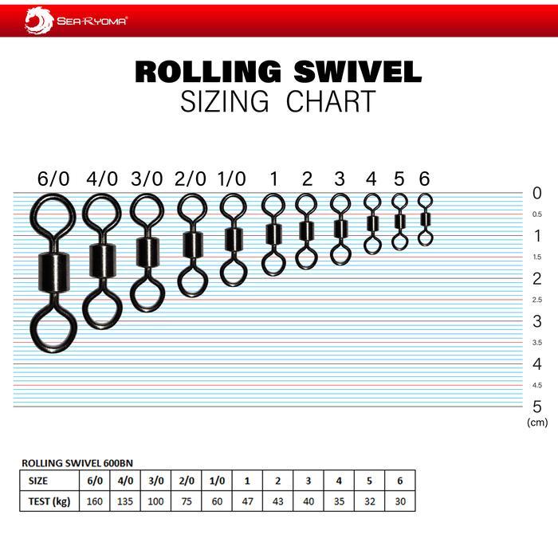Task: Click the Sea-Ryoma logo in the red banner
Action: (76, 20)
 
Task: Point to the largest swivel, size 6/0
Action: (53, 270)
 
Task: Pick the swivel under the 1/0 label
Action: (233, 238)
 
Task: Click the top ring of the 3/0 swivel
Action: (146, 212)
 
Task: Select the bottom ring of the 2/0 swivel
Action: (192, 281)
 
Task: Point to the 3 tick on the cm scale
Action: (536, 321)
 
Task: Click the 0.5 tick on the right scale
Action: (536, 214)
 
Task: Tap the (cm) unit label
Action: (537, 422)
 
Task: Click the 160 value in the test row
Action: (94, 501)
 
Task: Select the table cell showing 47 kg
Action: (247, 501)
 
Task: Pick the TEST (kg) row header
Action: (48, 501)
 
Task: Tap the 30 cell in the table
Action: (399, 501)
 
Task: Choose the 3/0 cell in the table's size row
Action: (155, 481)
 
